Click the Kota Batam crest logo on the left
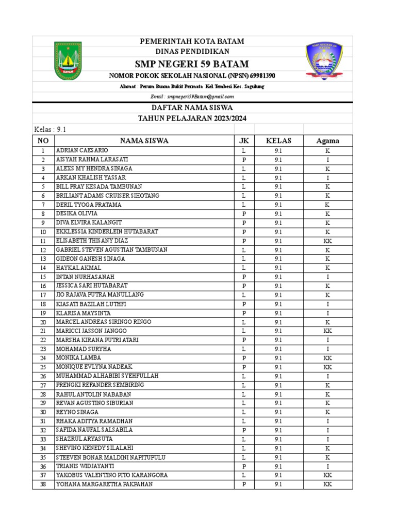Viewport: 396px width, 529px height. pyautogui.click(x=68, y=62)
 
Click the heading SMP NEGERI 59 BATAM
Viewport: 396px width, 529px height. pyautogui.click(x=192, y=64)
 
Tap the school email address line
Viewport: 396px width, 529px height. pyautogui.click(x=192, y=97)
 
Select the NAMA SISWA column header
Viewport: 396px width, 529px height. pyautogui.click(x=144, y=141)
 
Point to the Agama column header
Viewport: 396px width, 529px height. pyautogui.click(x=327, y=141)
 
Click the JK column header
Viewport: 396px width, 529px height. pyautogui.click(x=244, y=141)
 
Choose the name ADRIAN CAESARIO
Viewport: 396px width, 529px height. pyautogui.click(x=82, y=150)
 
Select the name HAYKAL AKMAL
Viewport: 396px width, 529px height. pyautogui.click(x=78, y=268)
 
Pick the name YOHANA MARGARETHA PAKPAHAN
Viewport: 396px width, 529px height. pyautogui.click(x=104, y=484)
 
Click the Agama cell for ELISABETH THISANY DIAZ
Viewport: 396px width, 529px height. pyautogui.click(x=327, y=241)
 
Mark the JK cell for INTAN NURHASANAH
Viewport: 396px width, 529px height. pyautogui.click(x=244, y=277)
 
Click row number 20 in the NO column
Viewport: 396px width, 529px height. pyautogui.click(x=43, y=322)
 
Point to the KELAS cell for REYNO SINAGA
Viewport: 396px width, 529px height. pyautogui.click(x=278, y=412)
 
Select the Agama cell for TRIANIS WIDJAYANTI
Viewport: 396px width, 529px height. pyautogui.click(x=327, y=466)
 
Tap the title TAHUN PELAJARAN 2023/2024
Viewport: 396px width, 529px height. pyautogui.click(x=192, y=118)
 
